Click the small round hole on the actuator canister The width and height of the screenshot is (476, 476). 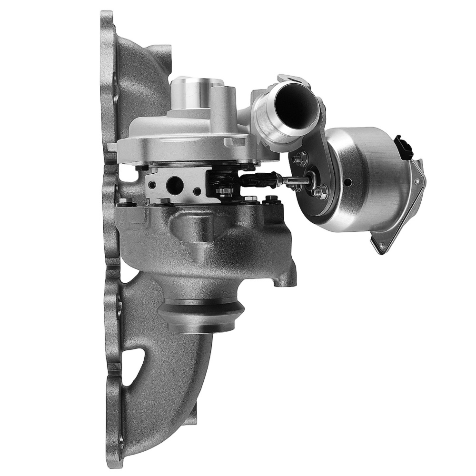point(349,181)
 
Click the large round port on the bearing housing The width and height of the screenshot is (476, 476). point(175,183)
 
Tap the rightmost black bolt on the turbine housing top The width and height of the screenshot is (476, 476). point(272,199)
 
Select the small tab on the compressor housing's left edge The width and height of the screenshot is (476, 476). point(112,147)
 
